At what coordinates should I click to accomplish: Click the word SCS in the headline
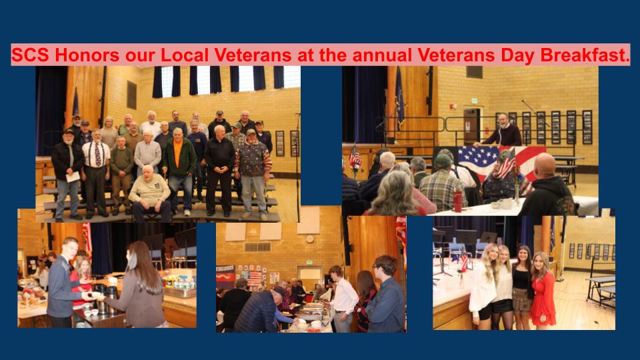30,55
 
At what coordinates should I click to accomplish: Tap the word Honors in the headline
87,55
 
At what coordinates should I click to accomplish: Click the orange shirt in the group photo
177,152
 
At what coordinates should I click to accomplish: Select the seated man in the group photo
150,194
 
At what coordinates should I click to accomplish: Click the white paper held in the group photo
73,177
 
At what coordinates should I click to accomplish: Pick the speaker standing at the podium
501,130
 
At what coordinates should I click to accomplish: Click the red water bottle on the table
457,201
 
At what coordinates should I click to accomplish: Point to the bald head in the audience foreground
545,164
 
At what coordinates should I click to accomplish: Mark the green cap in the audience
443,161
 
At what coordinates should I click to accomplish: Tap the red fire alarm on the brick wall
452,107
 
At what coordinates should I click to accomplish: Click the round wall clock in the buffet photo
310,239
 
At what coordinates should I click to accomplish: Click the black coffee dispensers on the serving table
105,300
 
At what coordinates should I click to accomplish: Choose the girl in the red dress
543,290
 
